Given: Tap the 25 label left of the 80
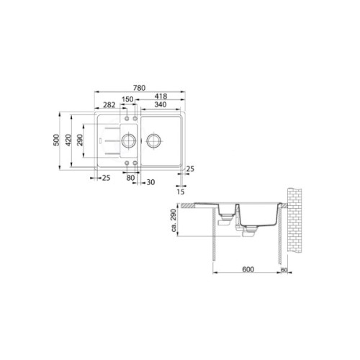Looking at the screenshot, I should coord(106,178).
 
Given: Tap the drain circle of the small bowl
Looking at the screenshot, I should coord(129,139).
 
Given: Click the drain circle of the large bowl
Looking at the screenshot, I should coord(153,139).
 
